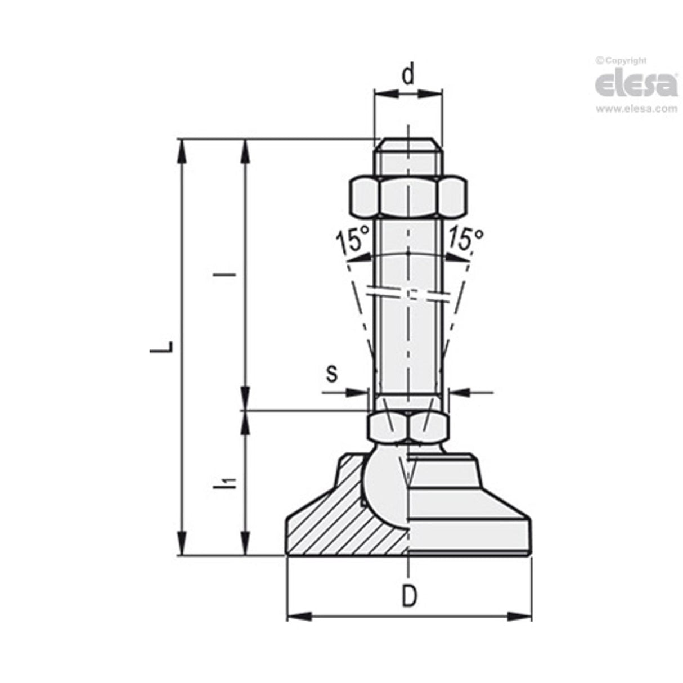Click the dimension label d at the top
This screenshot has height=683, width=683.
pos(409,74)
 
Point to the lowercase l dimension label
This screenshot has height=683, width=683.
pos(229,275)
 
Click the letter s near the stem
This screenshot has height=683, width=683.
pos(332,372)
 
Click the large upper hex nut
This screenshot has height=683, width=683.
pos(408,196)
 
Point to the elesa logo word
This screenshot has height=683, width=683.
pos(636,84)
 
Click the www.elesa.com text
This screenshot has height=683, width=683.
pos(636,109)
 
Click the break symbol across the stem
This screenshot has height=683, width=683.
pos(408,295)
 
